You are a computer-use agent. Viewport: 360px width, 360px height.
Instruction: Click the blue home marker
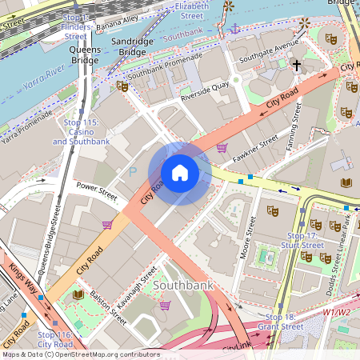pos(180,172)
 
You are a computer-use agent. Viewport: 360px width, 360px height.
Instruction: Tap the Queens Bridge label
pos(85,54)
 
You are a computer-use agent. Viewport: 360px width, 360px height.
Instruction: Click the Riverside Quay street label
pos(205,90)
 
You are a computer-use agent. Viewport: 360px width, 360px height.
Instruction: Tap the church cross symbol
pos(296,65)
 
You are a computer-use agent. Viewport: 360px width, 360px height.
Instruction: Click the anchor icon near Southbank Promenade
pos(235,29)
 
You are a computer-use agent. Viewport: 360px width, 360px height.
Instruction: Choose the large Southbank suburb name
pos(182,285)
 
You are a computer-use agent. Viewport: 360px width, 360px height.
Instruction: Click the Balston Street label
pos(108,306)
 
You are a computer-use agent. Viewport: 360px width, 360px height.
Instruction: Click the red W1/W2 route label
pos(337,312)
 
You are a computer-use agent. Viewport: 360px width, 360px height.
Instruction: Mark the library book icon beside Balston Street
pos(78,295)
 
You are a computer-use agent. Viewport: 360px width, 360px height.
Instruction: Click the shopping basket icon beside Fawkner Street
pos(222,146)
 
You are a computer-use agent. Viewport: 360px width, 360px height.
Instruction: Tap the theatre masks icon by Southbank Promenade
pos(122,85)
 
